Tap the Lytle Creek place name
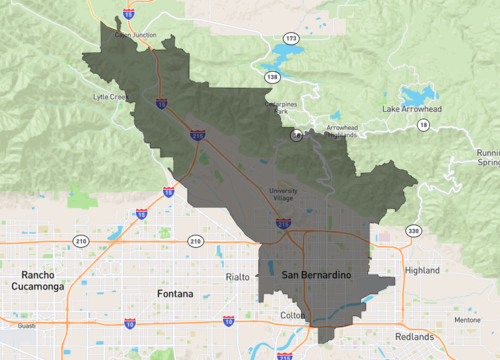tap(111, 97)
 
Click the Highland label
tap(422, 270)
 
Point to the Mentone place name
tap(467, 320)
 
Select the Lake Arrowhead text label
tap(410, 107)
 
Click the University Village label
tap(285, 194)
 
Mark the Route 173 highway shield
tap(291, 38)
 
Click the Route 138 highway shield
tap(272, 76)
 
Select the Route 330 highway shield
tap(414, 231)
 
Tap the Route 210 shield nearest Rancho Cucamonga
tap(80, 241)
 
